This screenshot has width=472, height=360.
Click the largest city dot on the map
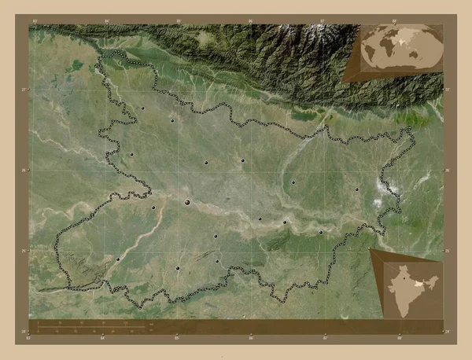click(187, 202)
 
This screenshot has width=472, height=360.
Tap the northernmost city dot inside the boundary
click(142, 108)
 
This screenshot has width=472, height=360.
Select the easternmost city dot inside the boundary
click(356, 189)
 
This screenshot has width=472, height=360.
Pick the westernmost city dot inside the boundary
click(117, 259)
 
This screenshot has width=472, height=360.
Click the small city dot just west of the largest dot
click(153, 208)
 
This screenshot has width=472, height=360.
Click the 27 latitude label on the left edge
click(25, 90)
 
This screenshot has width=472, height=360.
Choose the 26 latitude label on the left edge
click(25, 170)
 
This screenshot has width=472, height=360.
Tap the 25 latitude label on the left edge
click(25, 250)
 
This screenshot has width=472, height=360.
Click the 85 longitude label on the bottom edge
click(177, 339)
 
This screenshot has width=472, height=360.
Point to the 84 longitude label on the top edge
click(103, 21)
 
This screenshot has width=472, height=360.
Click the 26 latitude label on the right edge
click(447, 170)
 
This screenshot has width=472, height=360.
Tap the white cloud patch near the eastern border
click(385, 189)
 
